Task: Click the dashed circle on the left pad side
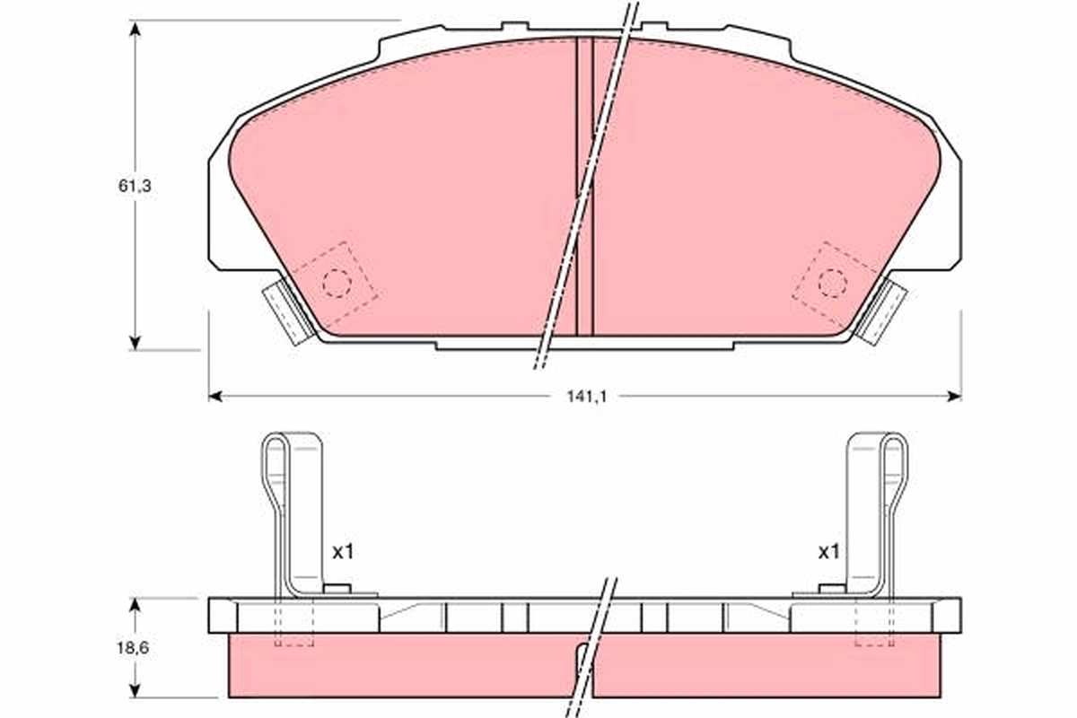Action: (336, 283)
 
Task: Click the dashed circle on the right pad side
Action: (832, 283)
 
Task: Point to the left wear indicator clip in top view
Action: (286, 311)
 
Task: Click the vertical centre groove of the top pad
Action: (584, 188)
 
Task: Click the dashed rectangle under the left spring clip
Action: (293, 623)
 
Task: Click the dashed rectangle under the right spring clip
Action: (874, 623)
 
